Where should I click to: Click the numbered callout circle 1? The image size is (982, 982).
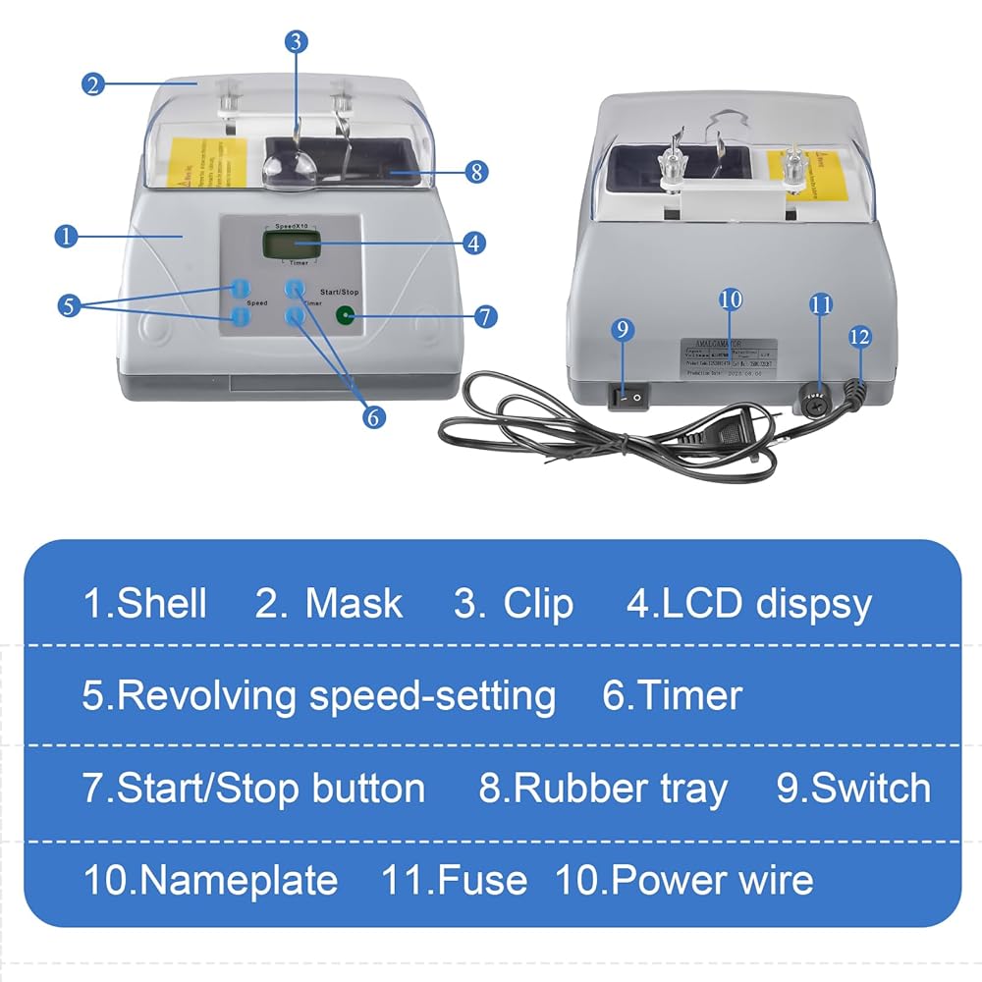(66, 236)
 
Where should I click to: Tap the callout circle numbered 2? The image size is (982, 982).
(93, 83)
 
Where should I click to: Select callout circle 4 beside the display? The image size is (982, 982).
(474, 242)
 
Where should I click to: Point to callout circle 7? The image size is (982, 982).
(485, 316)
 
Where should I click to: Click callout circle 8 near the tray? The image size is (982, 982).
(475, 172)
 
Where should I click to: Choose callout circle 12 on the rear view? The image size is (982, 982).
(859, 336)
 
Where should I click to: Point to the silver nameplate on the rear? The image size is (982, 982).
(729, 360)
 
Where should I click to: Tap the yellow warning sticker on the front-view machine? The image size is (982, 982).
(208, 163)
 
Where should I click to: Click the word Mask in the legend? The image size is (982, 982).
(353, 603)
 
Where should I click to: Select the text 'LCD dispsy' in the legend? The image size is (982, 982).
(767, 603)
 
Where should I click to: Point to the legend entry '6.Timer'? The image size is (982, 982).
(672, 695)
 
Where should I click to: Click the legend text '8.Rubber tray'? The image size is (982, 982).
(603, 788)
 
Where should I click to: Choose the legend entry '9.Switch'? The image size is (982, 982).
(853, 788)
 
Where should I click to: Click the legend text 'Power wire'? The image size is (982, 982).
(712, 879)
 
